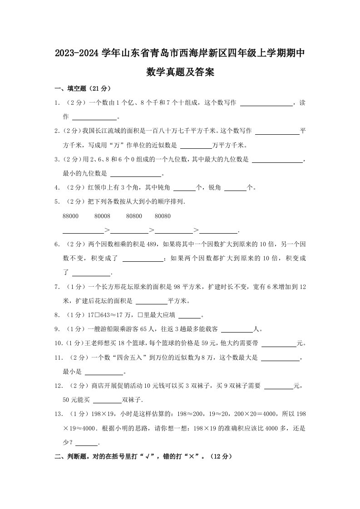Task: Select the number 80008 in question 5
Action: coord(103,216)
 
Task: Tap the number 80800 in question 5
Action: coord(134,216)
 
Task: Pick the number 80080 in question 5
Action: coord(163,216)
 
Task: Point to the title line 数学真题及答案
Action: coord(180,72)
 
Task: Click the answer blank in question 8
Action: coord(189,316)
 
